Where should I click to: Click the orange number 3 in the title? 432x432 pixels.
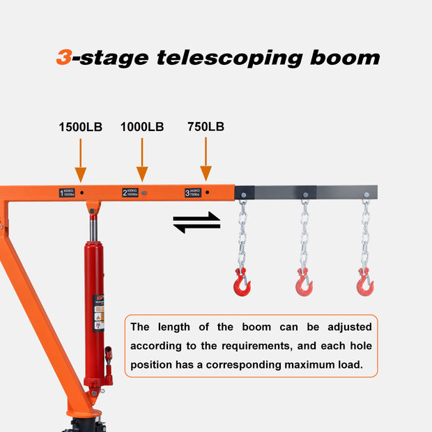tap(63, 57)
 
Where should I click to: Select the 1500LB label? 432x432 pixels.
tap(80, 127)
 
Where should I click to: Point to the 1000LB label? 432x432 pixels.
tap(142, 127)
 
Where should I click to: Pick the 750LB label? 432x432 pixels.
tap(206, 127)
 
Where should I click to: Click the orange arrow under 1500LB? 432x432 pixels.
tap(81, 161)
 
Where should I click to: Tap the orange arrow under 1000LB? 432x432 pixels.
tap(142, 160)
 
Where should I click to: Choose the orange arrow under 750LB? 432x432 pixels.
tap(206, 160)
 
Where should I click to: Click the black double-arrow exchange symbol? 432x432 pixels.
tap(196, 223)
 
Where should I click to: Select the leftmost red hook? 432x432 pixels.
tap(242, 282)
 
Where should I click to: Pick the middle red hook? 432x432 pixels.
tap(304, 282)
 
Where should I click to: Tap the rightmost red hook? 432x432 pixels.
tap(365, 282)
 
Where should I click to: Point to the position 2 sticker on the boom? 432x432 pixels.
tap(130, 192)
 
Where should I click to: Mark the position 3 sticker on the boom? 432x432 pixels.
tap(193, 193)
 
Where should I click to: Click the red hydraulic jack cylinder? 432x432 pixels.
tap(94, 307)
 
